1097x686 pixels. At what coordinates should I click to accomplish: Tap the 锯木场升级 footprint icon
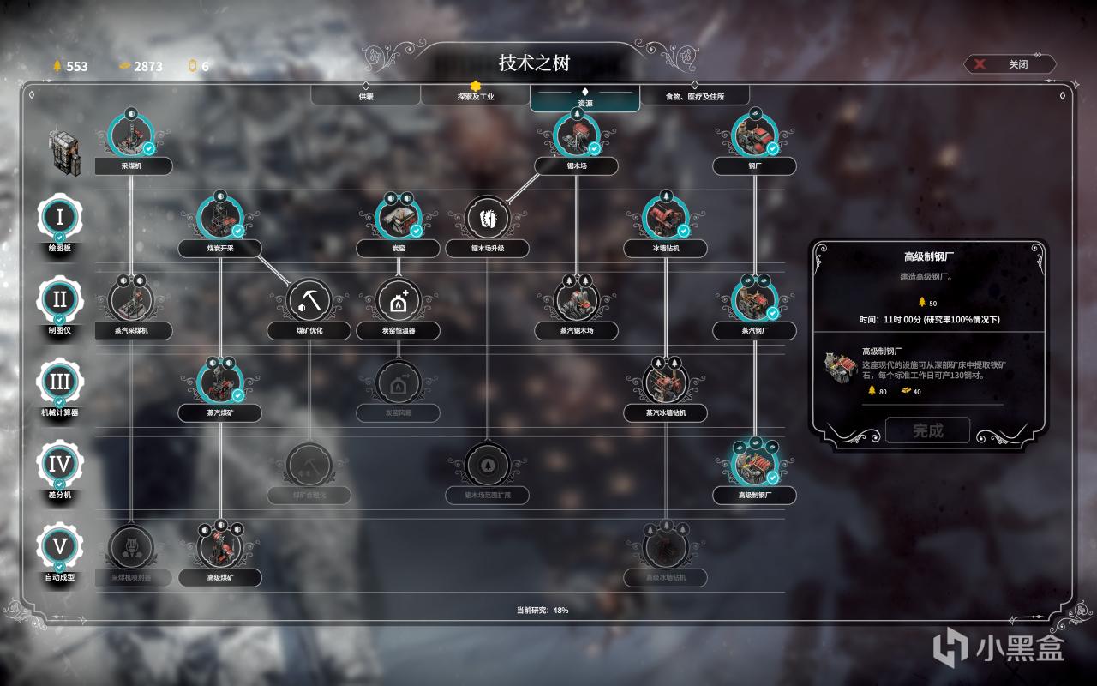[x=487, y=217]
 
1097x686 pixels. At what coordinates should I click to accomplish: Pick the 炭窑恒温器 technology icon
[x=398, y=300]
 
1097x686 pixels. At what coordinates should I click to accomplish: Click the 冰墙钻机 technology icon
[x=665, y=217]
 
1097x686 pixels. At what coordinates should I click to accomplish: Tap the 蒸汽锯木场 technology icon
[x=576, y=300]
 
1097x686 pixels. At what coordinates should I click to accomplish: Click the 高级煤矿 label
[x=219, y=578]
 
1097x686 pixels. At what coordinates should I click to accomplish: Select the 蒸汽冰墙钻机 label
[x=665, y=413]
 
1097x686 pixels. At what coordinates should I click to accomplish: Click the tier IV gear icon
[x=59, y=465]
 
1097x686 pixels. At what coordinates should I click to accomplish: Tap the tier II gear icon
[x=59, y=300]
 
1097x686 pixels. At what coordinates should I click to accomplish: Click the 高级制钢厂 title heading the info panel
[x=928, y=256]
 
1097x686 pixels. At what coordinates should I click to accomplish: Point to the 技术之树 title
[x=534, y=63]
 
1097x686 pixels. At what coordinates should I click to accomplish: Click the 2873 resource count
[x=147, y=66]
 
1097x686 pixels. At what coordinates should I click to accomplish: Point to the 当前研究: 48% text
[x=542, y=611]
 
